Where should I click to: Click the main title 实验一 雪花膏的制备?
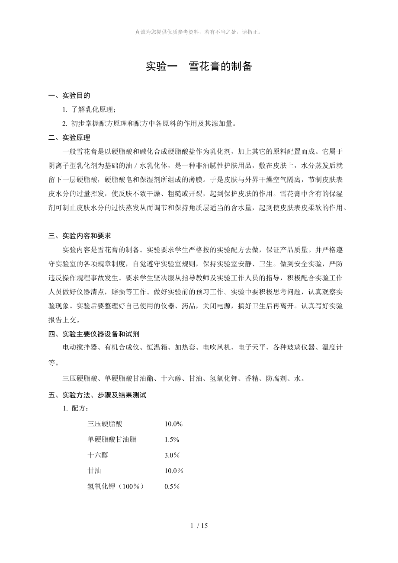pos(199,67)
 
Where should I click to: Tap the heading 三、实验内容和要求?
pos(80,236)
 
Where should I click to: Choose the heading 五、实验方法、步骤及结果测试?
pos(97,395)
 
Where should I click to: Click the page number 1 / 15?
pos(199,526)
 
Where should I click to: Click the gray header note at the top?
pos(199,32)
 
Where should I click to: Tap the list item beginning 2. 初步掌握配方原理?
pos(150,124)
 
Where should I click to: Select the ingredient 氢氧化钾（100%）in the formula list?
pos(116,486)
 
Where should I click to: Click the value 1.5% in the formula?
pos(172,440)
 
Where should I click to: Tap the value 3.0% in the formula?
pos(172,455)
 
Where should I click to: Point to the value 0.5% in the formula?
pos(172,486)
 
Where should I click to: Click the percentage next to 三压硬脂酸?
pos(173,424)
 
